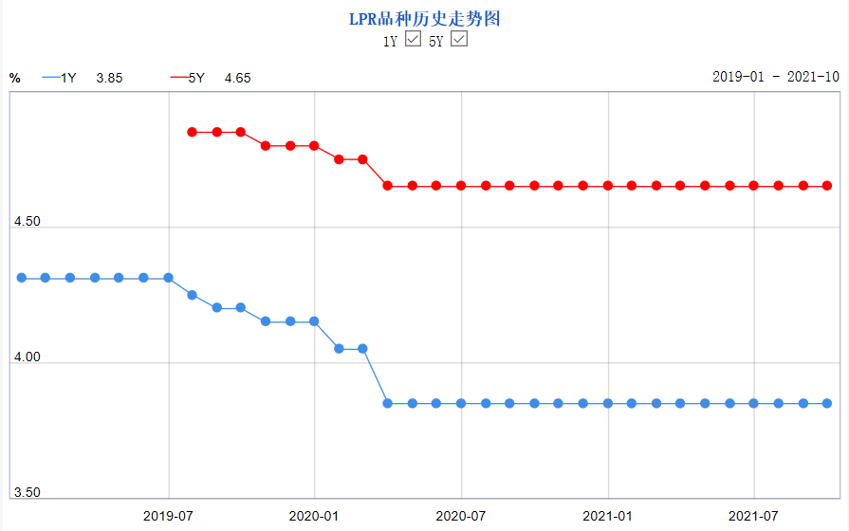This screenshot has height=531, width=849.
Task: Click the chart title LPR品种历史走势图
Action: tap(424, 19)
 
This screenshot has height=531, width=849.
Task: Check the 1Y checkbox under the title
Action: tap(413, 40)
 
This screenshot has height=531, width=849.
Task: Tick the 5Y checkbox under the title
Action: tap(459, 40)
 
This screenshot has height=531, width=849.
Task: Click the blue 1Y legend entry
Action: tap(61, 78)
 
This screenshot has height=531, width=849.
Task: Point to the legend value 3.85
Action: tap(110, 78)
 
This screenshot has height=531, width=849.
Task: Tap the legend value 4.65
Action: tap(237, 78)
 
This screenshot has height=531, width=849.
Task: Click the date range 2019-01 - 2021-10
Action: tap(775, 77)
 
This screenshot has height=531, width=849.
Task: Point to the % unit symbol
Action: tap(15, 78)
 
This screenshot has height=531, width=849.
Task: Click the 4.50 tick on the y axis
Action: tap(26, 221)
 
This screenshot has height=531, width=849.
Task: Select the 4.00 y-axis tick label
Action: tap(26, 357)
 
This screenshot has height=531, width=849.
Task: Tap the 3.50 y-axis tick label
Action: tap(26, 492)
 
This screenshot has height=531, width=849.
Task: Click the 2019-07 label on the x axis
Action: tap(168, 517)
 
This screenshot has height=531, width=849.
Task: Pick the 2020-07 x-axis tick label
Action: tap(461, 517)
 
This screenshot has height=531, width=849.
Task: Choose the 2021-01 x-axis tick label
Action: tap(607, 517)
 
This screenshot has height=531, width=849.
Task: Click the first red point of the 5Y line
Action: tap(192, 132)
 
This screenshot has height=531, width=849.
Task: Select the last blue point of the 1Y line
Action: tap(826, 403)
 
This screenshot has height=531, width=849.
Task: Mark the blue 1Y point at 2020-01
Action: tap(314, 321)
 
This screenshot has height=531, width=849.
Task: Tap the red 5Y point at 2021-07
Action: tap(753, 186)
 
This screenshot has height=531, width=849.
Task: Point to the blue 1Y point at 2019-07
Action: tap(168, 278)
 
